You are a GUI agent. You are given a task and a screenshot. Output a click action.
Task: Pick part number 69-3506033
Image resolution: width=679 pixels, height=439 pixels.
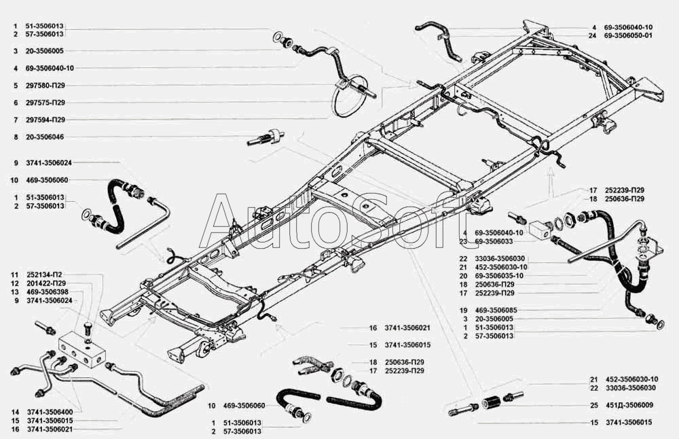499,241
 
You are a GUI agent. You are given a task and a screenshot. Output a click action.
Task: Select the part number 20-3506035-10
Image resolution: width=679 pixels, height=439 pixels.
499,276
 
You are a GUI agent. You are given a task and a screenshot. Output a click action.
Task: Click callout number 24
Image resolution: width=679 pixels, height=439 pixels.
592,36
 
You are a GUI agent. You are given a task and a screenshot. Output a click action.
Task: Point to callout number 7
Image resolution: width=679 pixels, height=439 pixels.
14,120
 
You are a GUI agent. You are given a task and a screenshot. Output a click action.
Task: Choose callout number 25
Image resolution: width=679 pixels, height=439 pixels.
593,405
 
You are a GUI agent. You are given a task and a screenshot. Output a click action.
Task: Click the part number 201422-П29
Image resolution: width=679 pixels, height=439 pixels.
45,283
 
